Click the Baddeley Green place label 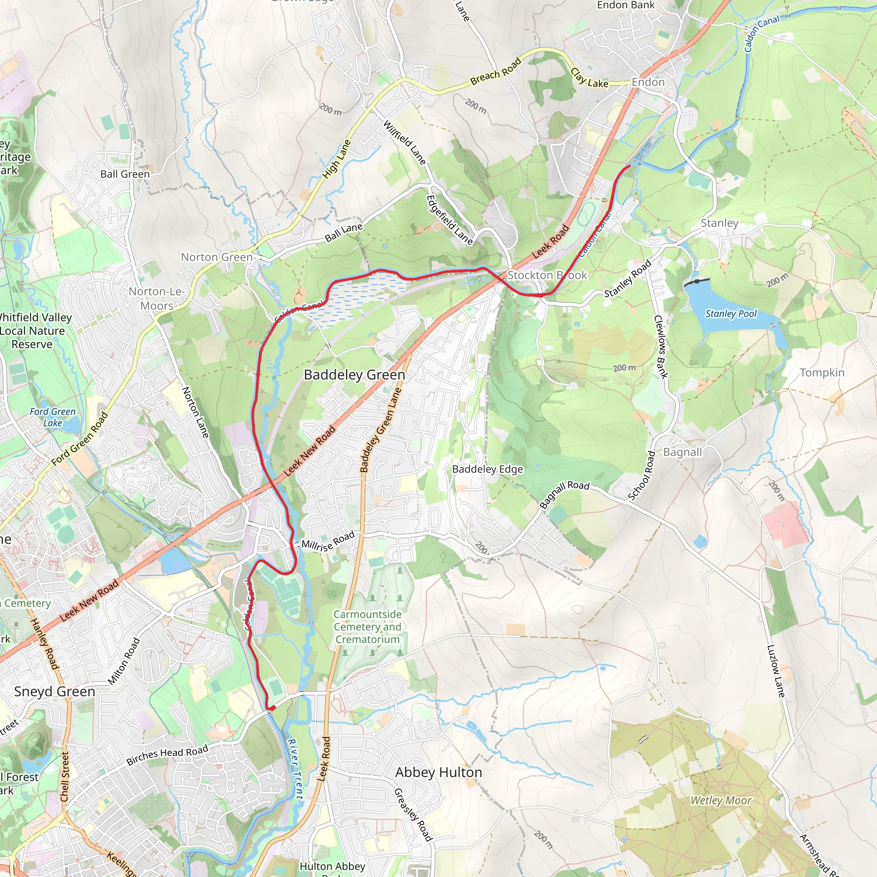(354, 375)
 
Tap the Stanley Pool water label (731, 313)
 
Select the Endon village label (648, 82)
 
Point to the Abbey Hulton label (438, 772)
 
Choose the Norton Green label (217, 257)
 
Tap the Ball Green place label (125, 174)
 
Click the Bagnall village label (682, 452)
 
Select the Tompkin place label (822, 373)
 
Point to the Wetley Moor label (721, 800)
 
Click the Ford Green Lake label (53, 417)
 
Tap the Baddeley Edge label (487, 469)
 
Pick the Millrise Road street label (328, 541)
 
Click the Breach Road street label (496, 72)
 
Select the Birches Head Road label (167, 755)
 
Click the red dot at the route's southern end (272, 708)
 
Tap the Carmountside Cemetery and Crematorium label (367, 627)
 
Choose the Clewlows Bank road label (660, 347)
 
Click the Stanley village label (719, 223)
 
